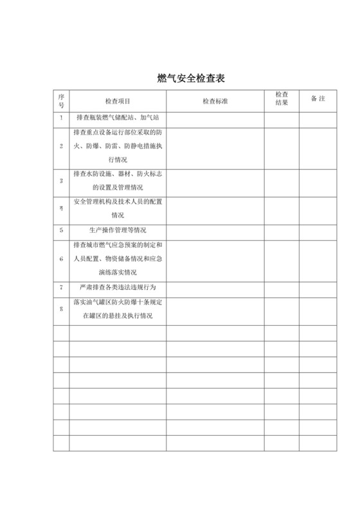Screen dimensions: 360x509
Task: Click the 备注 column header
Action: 318,100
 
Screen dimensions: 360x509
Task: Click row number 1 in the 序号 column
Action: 62,118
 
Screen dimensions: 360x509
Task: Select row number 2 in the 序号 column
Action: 62,146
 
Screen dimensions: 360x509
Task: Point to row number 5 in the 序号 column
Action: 62,229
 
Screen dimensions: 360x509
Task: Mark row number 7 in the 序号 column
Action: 62,287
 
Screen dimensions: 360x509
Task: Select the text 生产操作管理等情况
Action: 118,229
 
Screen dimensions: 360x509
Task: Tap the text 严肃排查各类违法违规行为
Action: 118,287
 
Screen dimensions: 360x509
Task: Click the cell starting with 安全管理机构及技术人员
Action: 118,208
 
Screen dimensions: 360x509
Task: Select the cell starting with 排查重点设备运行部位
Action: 118,146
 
